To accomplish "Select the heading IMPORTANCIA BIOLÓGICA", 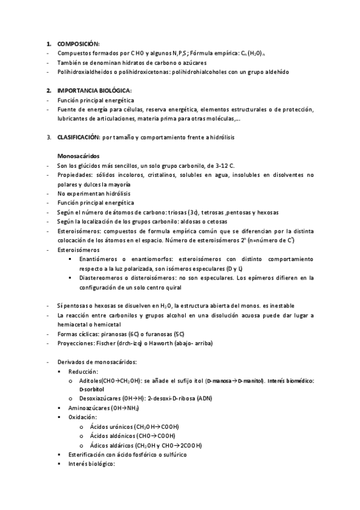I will [x=90, y=90].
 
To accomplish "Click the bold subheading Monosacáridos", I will [x=78, y=156].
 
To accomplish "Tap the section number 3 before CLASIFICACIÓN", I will [x=49, y=137].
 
